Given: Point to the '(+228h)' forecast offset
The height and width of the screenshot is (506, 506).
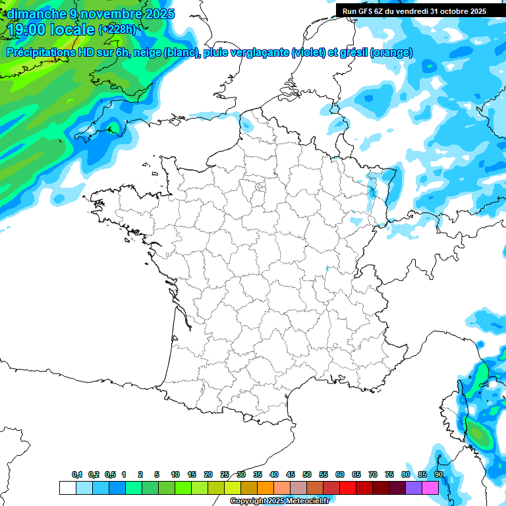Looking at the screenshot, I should [117, 30].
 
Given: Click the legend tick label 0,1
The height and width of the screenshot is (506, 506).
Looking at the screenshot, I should [77, 474].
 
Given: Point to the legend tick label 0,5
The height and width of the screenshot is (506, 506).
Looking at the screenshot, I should [110, 474].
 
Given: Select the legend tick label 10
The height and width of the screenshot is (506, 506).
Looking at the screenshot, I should [175, 474].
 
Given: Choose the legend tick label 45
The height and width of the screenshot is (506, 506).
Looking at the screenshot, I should [291, 474].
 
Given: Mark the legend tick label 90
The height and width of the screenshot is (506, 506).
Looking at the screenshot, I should [439, 474].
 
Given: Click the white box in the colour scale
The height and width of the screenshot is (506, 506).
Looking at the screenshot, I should [67, 488].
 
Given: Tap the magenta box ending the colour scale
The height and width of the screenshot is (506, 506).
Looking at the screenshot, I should [430, 488].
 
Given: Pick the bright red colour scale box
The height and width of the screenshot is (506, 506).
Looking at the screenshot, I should [348, 488].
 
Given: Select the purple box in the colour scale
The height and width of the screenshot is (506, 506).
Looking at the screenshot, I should [414, 488].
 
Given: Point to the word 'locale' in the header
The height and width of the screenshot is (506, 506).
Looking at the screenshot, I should [72, 29].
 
